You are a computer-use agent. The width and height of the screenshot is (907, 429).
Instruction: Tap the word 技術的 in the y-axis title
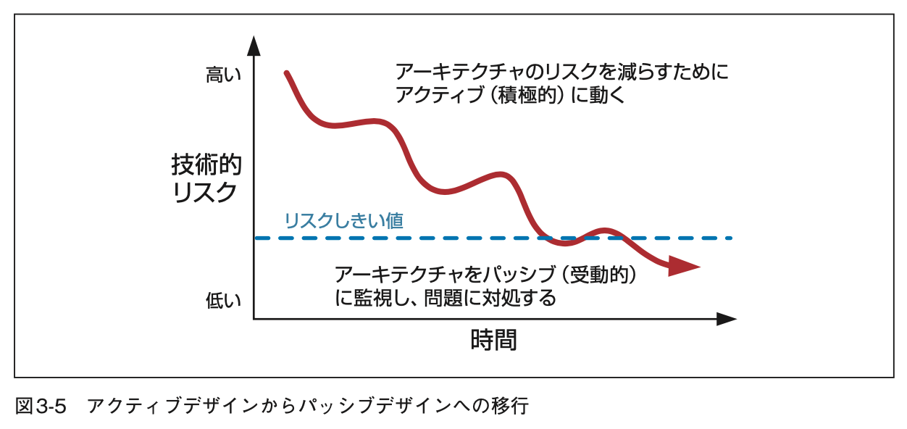[206, 165]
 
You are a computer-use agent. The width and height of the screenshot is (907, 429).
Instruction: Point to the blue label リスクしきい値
[344, 220]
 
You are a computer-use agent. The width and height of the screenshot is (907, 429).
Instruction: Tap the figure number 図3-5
[41, 407]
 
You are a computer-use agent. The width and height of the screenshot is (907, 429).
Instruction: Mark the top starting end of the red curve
[287, 73]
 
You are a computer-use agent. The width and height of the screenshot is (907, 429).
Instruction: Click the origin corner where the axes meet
[254, 318]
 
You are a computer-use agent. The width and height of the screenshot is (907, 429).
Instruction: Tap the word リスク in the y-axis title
[206, 193]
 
